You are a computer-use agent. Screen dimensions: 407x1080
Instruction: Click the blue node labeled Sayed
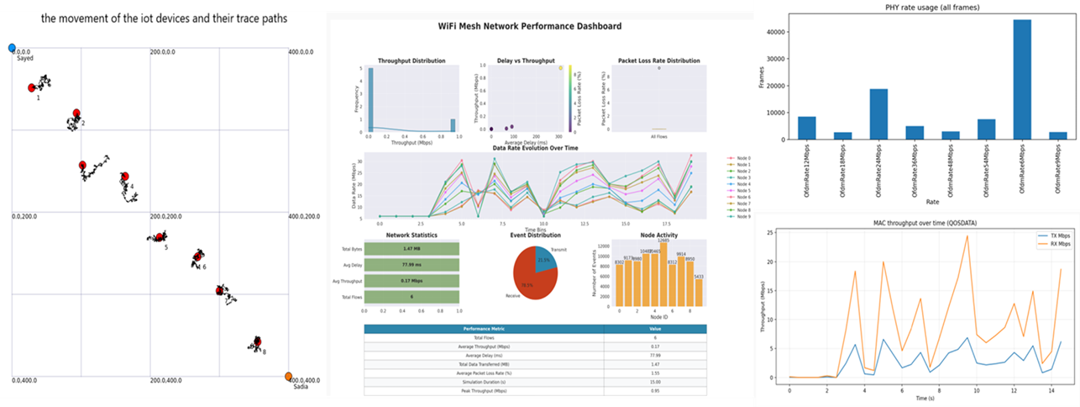click(x=12, y=49)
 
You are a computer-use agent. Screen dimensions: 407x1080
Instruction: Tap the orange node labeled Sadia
click(x=289, y=377)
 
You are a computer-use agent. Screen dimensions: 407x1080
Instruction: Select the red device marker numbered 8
click(x=257, y=341)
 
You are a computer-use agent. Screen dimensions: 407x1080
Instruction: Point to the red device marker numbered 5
click(x=159, y=237)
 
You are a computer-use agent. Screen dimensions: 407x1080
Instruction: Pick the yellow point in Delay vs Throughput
click(x=560, y=68)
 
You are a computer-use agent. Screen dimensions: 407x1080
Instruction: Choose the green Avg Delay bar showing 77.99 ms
click(x=412, y=265)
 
